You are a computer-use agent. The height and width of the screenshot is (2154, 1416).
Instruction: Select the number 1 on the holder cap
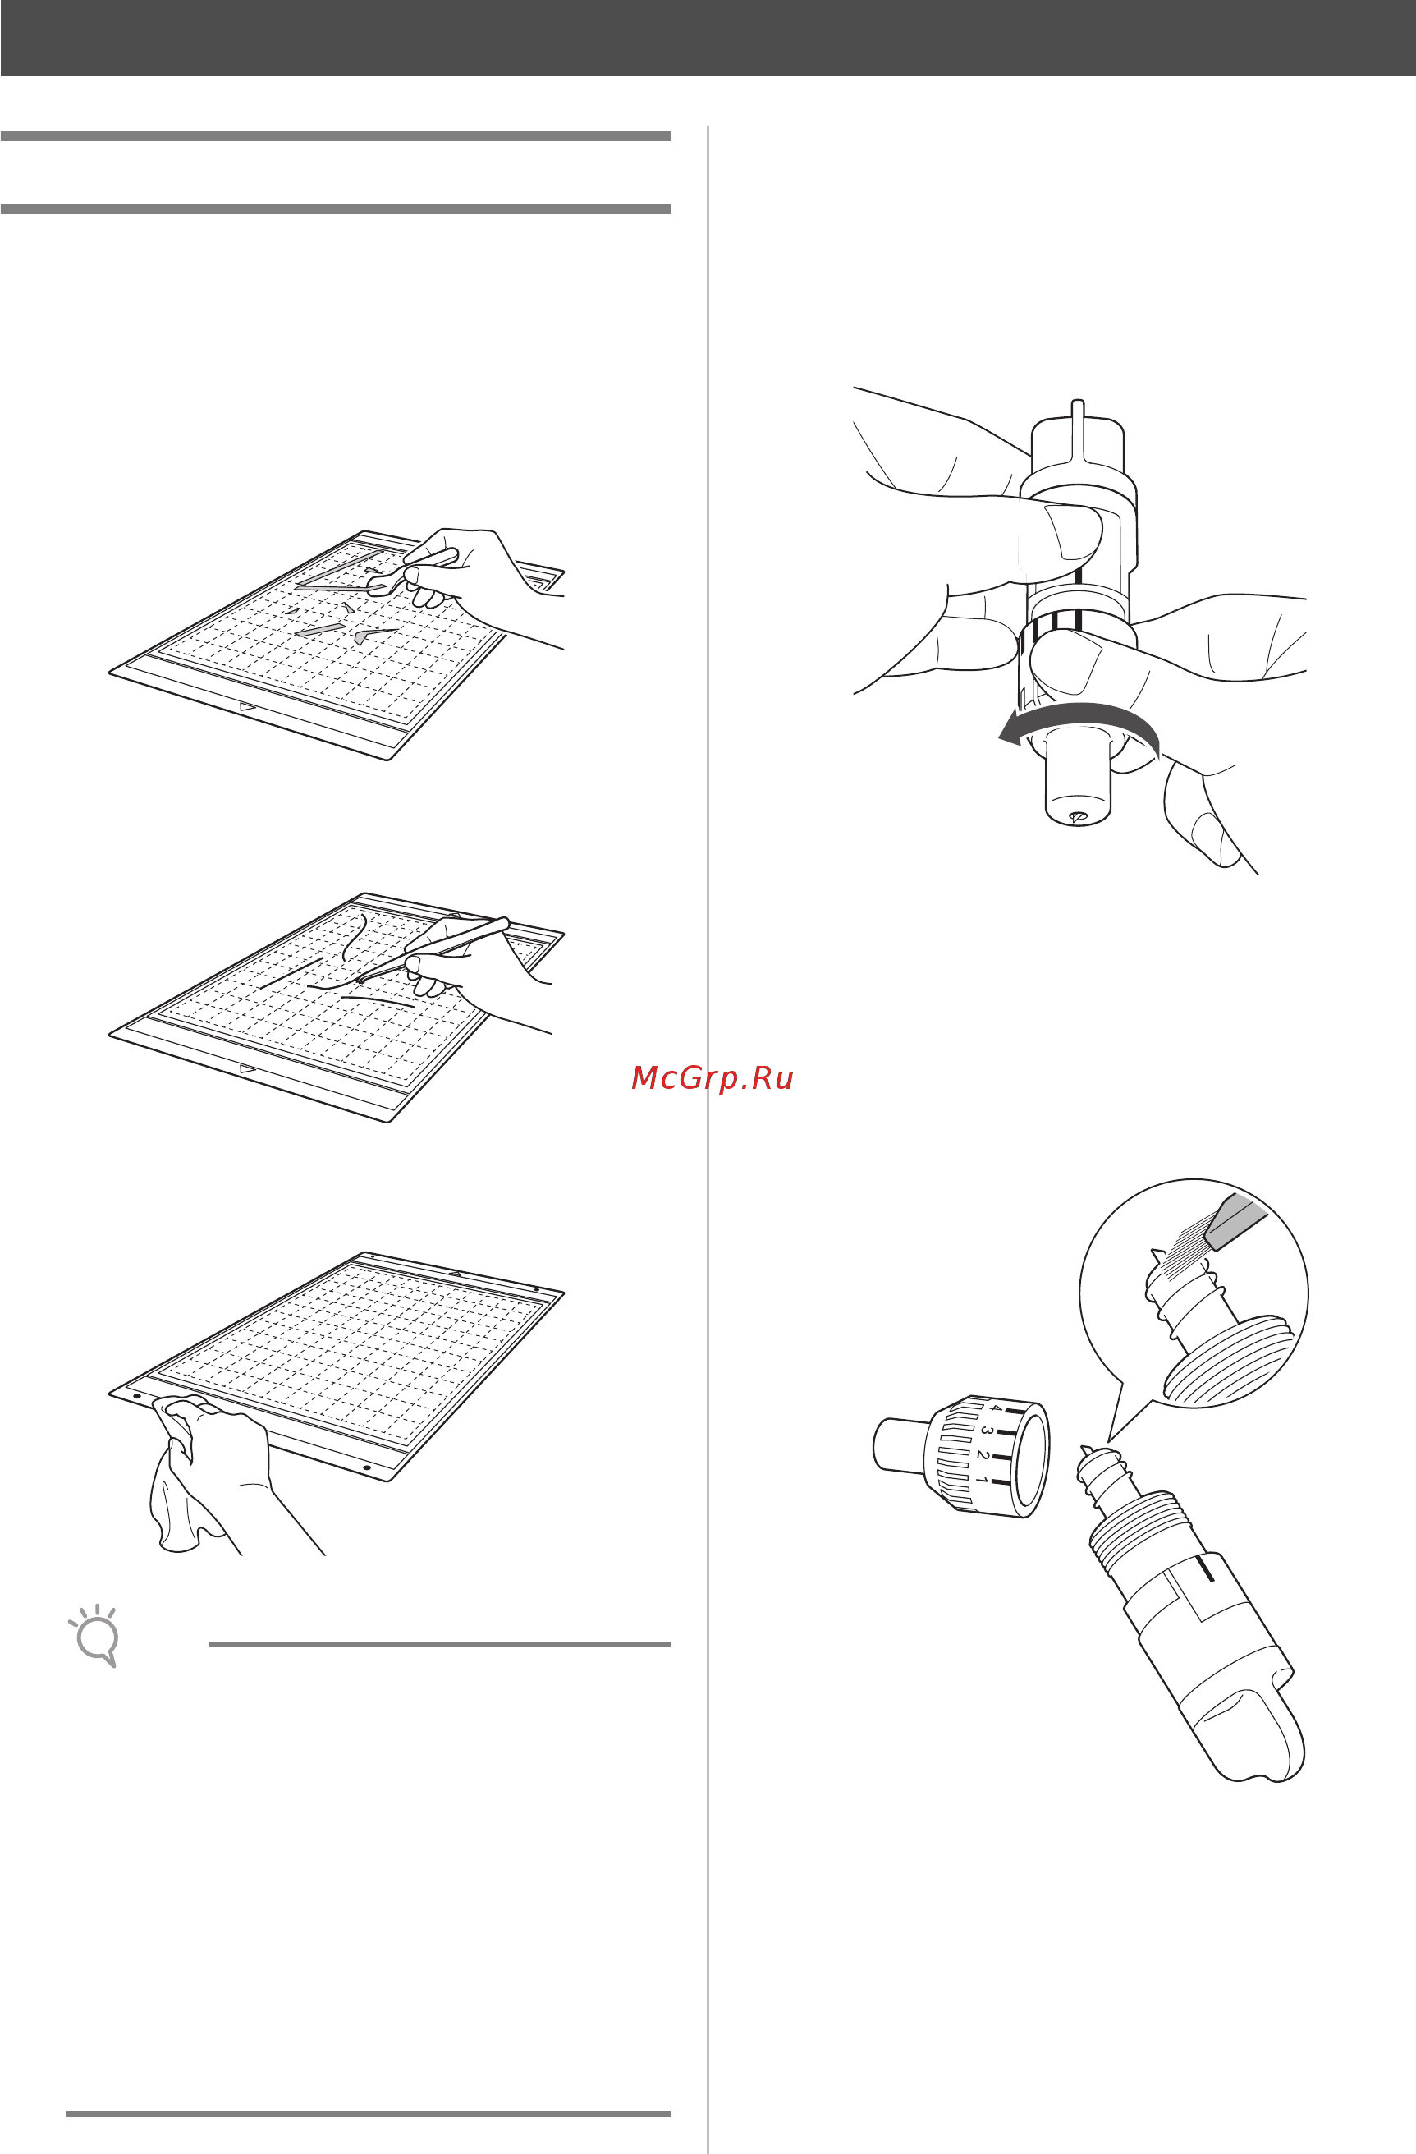point(982,1480)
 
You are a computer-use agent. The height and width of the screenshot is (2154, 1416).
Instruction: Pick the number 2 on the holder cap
point(983,1455)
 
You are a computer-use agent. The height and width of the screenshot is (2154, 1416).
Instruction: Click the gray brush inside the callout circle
point(1235,1222)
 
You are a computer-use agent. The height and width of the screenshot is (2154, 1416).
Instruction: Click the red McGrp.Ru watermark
point(712,1078)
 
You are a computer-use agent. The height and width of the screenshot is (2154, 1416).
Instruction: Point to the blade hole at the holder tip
point(1077,816)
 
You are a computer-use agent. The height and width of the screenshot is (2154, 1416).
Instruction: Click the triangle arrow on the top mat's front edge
point(247,707)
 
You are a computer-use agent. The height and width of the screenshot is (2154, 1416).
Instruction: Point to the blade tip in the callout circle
point(1157,1255)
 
